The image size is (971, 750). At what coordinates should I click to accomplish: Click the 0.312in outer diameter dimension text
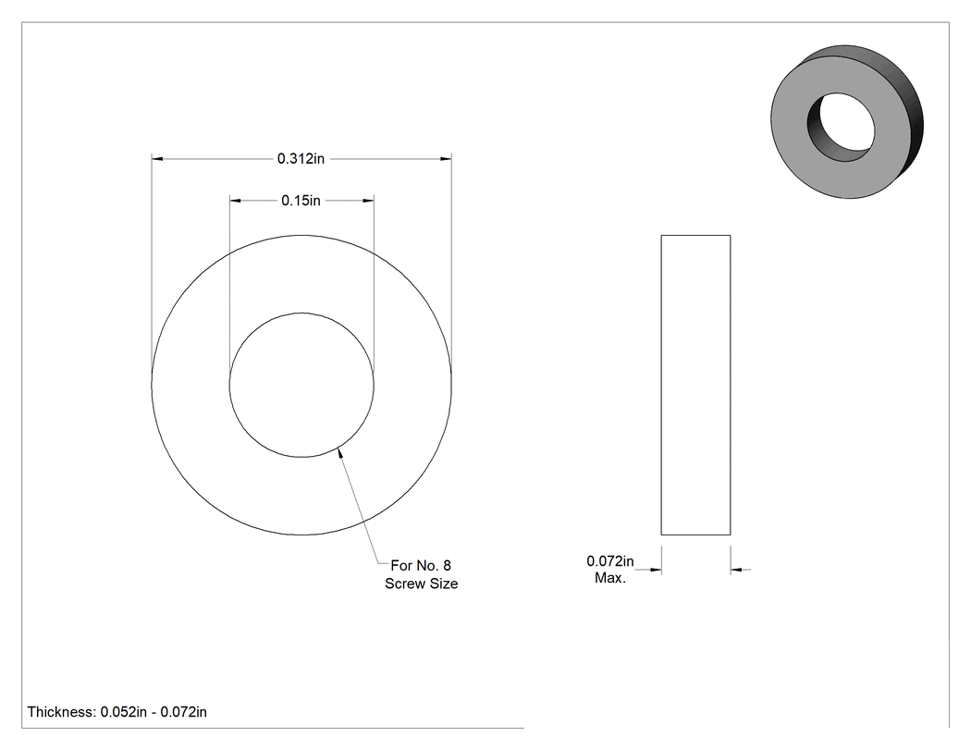click(x=301, y=158)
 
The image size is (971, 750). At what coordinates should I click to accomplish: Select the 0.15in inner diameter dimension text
click(x=301, y=201)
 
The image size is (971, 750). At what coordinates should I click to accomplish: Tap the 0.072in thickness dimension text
click(x=610, y=561)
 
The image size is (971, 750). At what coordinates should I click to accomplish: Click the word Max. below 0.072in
click(x=610, y=578)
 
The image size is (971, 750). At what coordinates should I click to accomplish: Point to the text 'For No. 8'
click(x=421, y=565)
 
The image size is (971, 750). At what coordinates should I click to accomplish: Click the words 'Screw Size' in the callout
click(x=421, y=584)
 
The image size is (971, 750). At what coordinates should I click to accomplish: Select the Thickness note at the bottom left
click(x=117, y=711)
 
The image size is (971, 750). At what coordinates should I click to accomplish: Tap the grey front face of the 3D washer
click(x=799, y=154)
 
